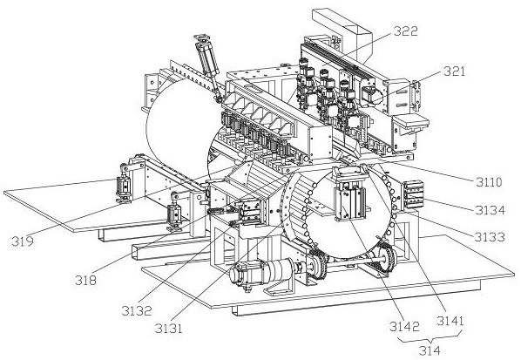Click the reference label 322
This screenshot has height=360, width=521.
406,31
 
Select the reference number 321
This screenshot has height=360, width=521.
454,71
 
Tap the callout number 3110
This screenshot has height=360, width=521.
489,182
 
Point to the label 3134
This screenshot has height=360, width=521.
490,210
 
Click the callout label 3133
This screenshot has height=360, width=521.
490,237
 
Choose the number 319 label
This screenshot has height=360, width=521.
23,241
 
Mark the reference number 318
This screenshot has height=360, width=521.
85,280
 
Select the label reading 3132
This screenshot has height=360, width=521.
137,311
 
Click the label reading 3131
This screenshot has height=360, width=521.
169,329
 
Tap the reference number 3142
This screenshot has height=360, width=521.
405,327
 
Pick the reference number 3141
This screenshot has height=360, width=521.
450,321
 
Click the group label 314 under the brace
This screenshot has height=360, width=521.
430,350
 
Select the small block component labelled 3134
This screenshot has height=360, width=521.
413,194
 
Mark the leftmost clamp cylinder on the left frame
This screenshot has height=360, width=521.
123,184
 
